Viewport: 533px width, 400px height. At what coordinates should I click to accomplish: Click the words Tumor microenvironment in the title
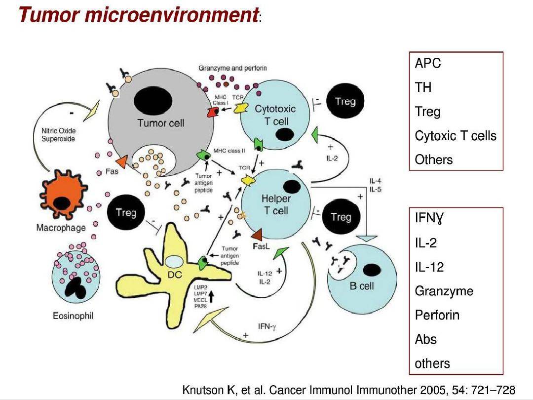[138, 15]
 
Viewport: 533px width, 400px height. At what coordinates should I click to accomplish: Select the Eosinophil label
[73, 316]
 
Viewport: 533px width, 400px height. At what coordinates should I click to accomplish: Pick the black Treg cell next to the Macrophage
[126, 213]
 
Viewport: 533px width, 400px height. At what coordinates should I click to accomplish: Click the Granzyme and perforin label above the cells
[232, 68]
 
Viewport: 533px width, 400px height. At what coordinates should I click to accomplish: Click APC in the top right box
[428, 63]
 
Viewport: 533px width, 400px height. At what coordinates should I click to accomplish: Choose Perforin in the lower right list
[437, 315]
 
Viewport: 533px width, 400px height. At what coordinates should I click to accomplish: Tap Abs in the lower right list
[425, 339]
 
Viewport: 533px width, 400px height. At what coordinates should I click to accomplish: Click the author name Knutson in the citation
[203, 390]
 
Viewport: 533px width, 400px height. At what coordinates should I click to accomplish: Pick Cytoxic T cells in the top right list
[456, 135]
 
